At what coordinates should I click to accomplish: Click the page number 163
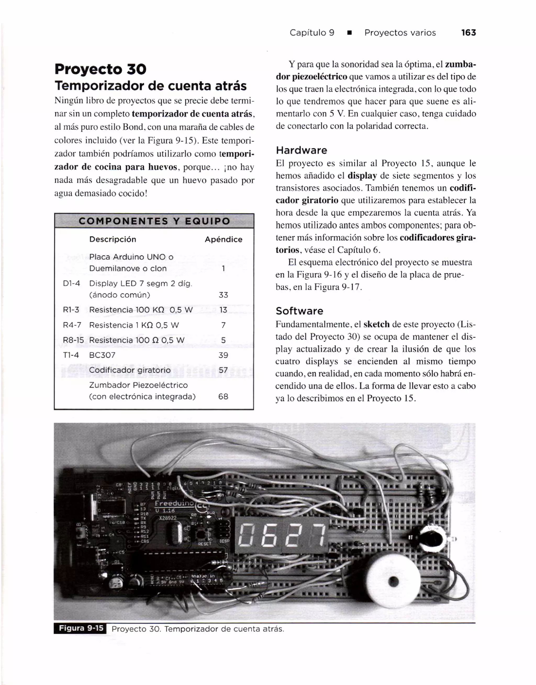click(468, 33)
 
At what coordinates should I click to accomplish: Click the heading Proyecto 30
click(100, 69)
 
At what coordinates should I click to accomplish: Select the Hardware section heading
click(301, 150)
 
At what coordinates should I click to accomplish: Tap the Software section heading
click(299, 311)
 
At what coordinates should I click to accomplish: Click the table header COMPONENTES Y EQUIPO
click(154, 221)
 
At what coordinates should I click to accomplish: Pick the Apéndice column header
click(223, 239)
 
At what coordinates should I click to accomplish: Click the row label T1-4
click(71, 355)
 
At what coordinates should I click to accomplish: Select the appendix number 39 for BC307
click(223, 355)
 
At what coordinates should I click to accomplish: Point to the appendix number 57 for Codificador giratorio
click(223, 370)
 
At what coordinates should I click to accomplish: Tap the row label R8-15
click(73, 340)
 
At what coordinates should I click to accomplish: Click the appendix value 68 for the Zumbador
click(223, 396)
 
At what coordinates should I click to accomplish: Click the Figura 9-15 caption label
click(81, 628)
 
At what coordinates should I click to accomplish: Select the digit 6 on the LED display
click(269, 535)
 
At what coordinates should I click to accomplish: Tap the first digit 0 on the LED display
click(247, 535)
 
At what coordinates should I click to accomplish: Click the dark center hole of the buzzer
click(393, 581)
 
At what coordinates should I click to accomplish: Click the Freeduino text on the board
click(175, 503)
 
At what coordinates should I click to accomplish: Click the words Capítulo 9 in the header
click(312, 33)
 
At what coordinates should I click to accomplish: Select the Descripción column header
click(113, 239)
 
